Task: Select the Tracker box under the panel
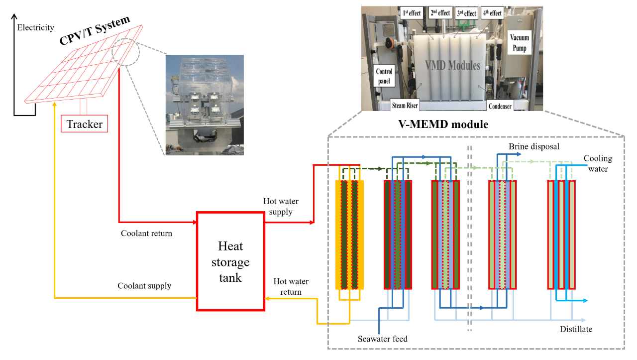click(x=85, y=124)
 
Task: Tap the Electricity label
click(x=35, y=28)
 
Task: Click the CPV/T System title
click(x=95, y=30)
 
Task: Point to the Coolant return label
click(x=146, y=233)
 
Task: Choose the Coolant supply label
click(x=144, y=286)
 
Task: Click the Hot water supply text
click(x=278, y=206)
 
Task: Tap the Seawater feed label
click(x=382, y=339)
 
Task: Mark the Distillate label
click(x=576, y=329)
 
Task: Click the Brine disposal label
click(x=534, y=147)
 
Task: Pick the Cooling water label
click(x=598, y=164)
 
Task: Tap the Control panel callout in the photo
click(x=384, y=76)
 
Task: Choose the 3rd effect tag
click(x=466, y=13)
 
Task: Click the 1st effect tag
click(x=411, y=13)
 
